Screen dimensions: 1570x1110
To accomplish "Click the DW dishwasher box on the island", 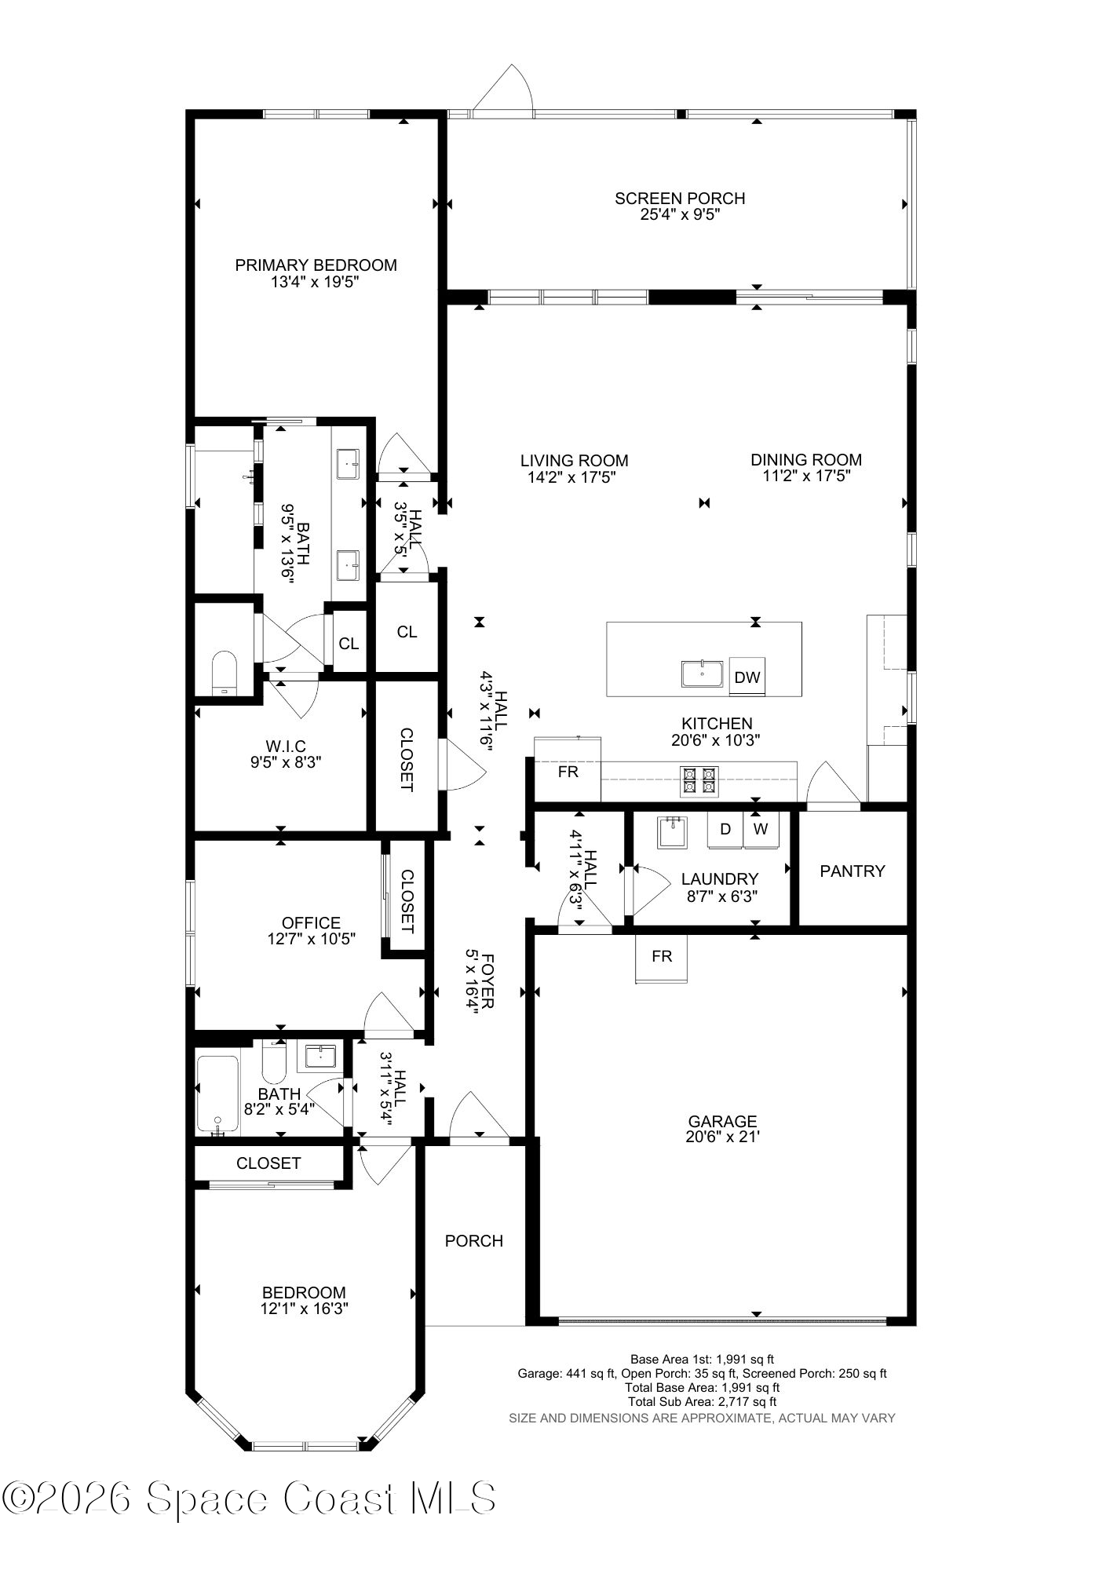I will click(x=747, y=677).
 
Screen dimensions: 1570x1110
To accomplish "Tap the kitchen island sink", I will click(x=703, y=674).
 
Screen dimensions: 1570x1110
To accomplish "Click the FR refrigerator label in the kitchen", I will click(x=568, y=772).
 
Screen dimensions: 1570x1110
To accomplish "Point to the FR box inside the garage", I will click(x=662, y=957).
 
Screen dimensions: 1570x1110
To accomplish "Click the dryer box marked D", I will click(x=725, y=830).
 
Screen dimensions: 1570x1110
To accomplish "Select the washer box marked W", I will click(x=761, y=830).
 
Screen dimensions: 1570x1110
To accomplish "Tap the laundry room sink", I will click(x=672, y=832).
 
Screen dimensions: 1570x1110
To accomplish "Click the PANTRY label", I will click(x=852, y=871).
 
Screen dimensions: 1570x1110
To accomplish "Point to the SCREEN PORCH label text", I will click(x=680, y=199).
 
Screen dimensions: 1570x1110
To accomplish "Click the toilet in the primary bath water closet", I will click(x=224, y=671).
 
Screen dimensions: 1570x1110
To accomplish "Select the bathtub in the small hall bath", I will click(x=217, y=1094).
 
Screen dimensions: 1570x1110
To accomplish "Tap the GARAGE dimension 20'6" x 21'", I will click(x=722, y=1137).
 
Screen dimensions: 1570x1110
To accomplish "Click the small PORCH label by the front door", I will click(x=473, y=1241).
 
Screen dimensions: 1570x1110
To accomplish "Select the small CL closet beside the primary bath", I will click(x=349, y=644).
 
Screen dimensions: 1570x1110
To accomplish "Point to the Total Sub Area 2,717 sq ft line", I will click(x=702, y=1401).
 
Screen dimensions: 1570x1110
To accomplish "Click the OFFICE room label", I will click(x=311, y=923).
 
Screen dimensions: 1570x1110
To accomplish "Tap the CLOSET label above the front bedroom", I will click(x=268, y=1163).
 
